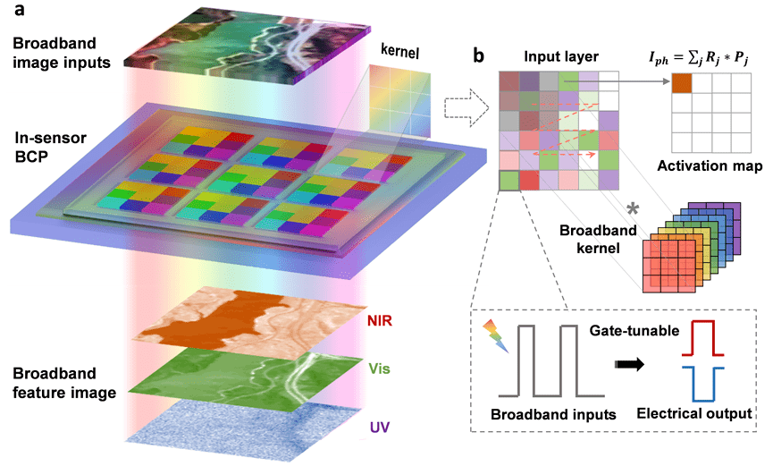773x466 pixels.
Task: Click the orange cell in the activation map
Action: pyautogui.click(x=681, y=83)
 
